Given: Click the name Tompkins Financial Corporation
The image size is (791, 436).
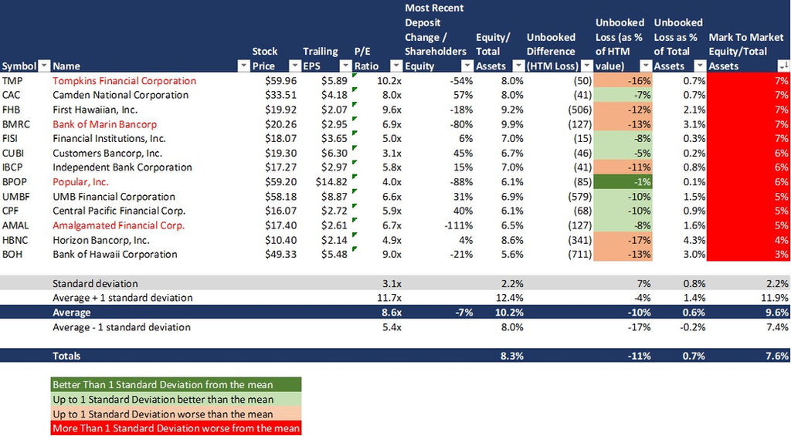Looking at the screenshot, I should coord(124,80).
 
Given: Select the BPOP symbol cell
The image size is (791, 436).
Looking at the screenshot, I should coord(14,182).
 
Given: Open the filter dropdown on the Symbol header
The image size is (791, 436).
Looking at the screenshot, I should coord(44,66).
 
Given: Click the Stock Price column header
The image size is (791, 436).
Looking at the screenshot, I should coord(265,59).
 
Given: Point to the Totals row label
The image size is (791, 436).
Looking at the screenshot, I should coord(66,356).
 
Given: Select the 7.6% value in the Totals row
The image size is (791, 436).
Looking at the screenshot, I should coord(776,356).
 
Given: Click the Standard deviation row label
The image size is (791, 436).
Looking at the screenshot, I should coord(95,283).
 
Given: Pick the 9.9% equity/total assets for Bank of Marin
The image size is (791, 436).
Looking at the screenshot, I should coord(491,124).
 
